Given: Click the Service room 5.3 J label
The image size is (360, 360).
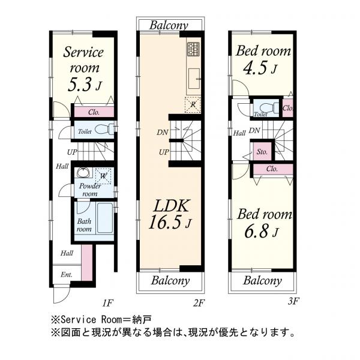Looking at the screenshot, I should [x=83, y=68].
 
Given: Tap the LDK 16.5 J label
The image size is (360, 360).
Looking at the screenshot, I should [x=170, y=215].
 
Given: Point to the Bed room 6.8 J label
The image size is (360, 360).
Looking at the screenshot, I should [x=264, y=222].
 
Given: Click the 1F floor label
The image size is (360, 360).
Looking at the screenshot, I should [x=109, y=304].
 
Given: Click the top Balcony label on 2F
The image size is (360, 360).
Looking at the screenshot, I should [x=169, y=25].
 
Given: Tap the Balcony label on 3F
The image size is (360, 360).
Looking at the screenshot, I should [x=262, y=280].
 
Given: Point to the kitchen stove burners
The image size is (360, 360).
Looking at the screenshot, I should [x=193, y=50].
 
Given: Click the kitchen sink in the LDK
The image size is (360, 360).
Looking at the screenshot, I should [x=194, y=77].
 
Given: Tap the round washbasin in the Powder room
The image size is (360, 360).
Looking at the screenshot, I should [x=83, y=175].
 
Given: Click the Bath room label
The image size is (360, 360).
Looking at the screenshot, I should [x=83, y=225].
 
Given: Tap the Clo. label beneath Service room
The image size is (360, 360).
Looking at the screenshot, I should [x=93, y=112].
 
